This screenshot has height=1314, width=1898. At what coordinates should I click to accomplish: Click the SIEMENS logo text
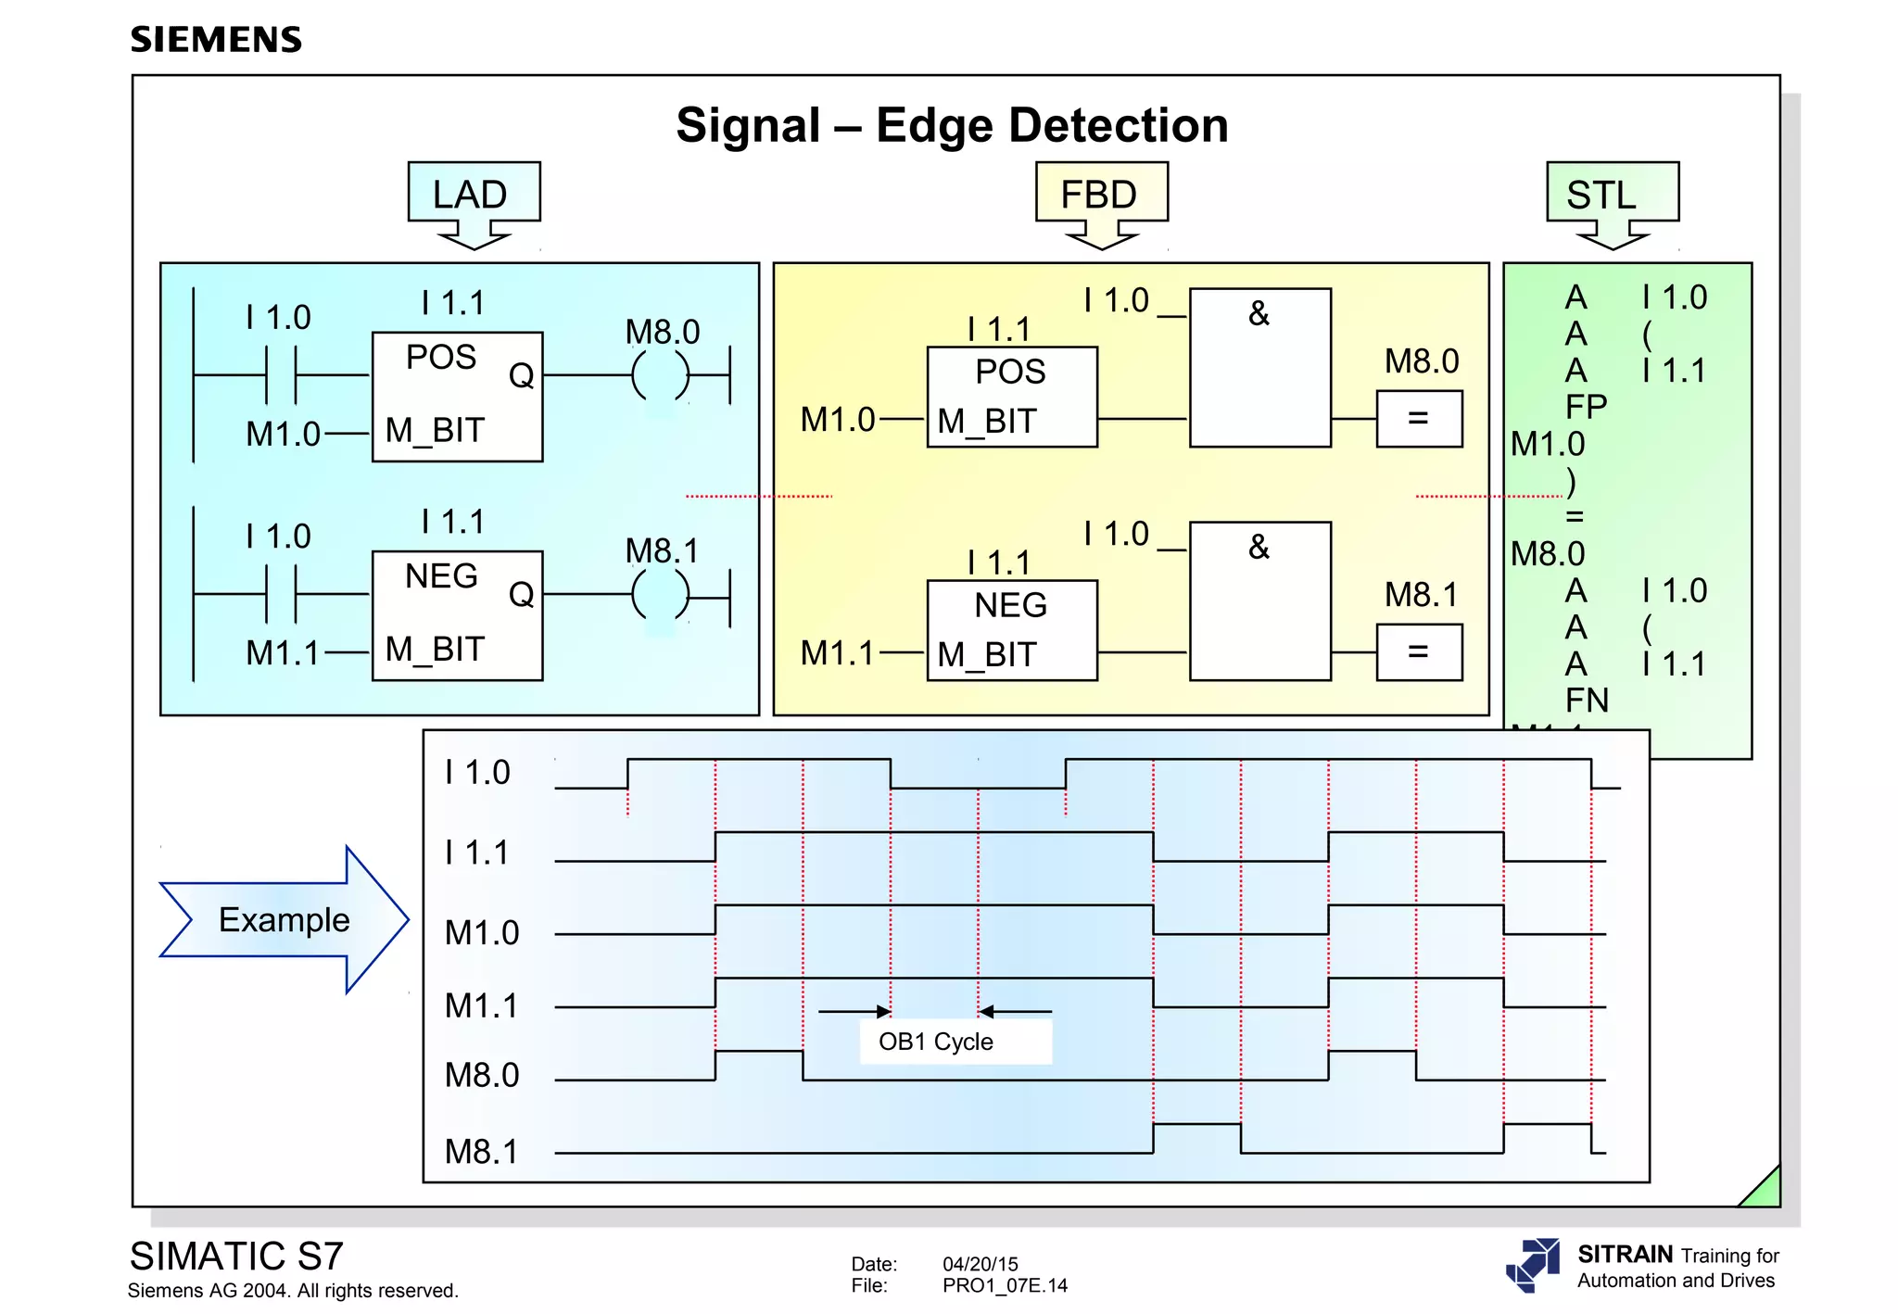[x=216, y=40]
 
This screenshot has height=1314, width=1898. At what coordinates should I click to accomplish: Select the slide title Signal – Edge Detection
[x=952, y=125]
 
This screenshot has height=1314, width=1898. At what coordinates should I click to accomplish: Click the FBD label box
[x=1101, y=194]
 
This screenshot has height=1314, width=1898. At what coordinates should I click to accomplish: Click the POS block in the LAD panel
[x=457, y=396]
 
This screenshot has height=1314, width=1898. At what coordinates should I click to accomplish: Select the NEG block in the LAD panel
[x=457, y=615]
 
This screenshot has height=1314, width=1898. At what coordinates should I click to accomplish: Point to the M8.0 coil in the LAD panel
[x=661, y=375]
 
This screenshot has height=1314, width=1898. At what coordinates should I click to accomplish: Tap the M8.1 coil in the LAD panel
[x=661, y=594]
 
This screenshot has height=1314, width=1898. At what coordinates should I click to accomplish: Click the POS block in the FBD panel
[x=1012, y=397]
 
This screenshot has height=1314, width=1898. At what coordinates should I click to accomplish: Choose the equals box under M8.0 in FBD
[x=1419, y=419]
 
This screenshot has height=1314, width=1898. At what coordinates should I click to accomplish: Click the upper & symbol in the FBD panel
[x=1259, y=314]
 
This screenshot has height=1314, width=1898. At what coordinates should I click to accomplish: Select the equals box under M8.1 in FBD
[x=1419, y=652]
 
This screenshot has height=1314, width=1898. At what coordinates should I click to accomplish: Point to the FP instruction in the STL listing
[x=1586, y=407]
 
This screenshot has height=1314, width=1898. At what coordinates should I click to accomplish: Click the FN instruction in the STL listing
[x=1586, y=701]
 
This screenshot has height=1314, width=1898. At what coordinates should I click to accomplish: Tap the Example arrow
[x=284, y=919]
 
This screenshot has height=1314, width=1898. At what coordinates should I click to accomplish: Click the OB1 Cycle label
[x=936, y=1042]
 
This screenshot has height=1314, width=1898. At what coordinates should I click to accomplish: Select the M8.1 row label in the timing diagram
[x=482, y=1152]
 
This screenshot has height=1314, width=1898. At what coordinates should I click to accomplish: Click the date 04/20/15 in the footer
[x=980, y=1264]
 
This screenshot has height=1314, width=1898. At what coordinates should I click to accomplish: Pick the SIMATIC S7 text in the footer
[x=236, y=1257]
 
